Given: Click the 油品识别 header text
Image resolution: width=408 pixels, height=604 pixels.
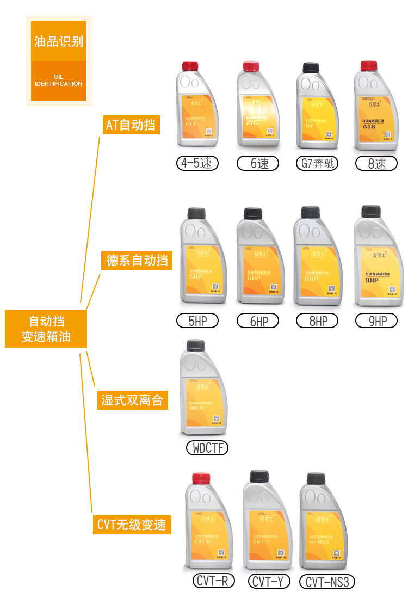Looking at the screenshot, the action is click(x=59, y=41).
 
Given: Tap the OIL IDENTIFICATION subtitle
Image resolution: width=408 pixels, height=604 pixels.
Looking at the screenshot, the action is click(x=59, y=81).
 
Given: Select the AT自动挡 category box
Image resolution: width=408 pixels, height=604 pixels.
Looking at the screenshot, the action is click(x=131, y=125).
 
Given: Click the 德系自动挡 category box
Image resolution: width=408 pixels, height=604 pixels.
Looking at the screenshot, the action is click(x=137, y=260).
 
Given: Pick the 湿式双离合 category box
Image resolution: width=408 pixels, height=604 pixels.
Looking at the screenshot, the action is click(x=132, y=401).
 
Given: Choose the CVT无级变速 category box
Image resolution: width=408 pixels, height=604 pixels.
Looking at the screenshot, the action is click(x=131, y=525).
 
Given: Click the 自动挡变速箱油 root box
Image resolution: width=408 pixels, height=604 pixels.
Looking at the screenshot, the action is click(x=46, y=329).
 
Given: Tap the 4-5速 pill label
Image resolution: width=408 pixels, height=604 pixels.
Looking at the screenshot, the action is click(x=197, y=163).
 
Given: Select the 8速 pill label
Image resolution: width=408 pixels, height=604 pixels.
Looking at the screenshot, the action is click(x=376, y=163).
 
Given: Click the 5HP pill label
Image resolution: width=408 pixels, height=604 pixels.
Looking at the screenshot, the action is click(x=197, y=321).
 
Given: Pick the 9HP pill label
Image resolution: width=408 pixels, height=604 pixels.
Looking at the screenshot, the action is click(x=376, y=321).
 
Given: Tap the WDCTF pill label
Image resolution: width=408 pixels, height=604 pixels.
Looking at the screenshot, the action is click(x=207, y=448).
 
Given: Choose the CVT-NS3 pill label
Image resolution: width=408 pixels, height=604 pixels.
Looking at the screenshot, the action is click(x=327, y=582).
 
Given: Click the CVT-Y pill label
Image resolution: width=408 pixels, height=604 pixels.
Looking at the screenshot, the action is click(x=268, y=581).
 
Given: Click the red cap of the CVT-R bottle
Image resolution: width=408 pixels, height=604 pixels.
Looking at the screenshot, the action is click(x=201, y=480).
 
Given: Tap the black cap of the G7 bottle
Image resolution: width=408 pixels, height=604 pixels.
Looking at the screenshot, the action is click(x=311, y=69).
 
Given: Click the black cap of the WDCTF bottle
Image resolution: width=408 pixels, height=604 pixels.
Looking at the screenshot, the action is click(x=195, y=345).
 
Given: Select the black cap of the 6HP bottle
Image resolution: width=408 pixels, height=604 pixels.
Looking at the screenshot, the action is click(x=254, y=213).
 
